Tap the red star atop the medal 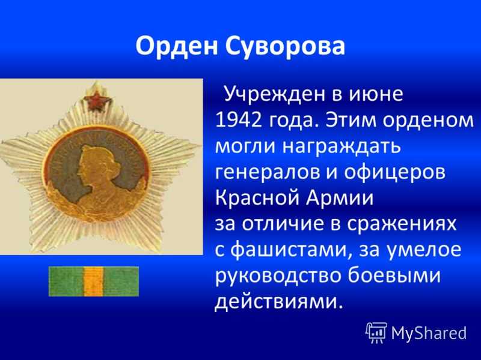click(x=97, y=101)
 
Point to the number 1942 click(x=239, y=120)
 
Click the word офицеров click(x=394, y=173)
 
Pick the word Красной click(x=257, y=198)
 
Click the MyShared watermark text click(x=429, y=333)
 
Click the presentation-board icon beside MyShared click(x=376, y=332)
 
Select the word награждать click(x=342, y=146)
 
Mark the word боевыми click(x=394, y=275)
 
